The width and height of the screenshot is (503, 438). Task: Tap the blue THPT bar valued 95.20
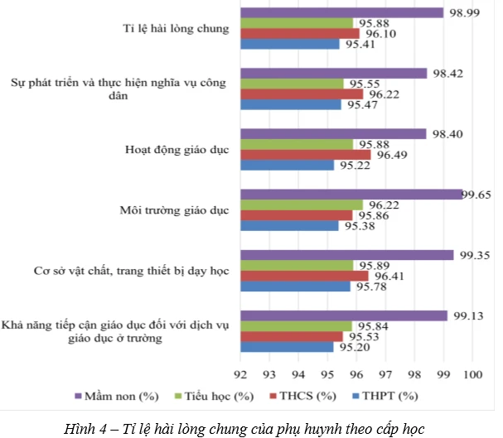(287, 347)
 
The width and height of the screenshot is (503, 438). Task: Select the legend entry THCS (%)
(307, 396)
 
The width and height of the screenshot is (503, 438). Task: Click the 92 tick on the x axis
(241, 373)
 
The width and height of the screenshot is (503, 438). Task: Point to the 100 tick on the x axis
(472, 373)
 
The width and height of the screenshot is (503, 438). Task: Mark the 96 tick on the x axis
(356, 373)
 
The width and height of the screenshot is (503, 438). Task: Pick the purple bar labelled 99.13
(344, 315)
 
